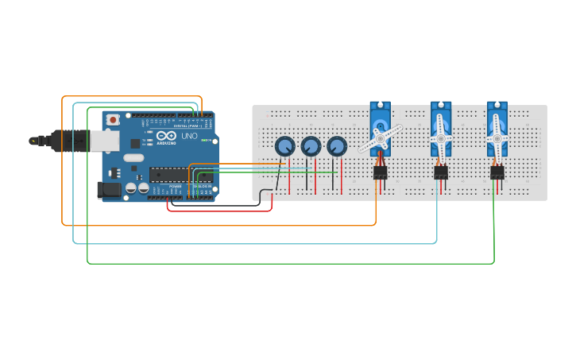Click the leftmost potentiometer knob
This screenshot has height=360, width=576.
(x=284, y=146)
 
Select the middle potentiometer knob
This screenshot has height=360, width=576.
(x=311, y=146)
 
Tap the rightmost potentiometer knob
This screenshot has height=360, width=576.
(x=337, y=146)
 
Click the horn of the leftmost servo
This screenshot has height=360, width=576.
(x=380, y=138)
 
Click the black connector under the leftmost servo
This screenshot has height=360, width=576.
(x=381, y=172)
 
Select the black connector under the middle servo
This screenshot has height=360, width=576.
(x=441, y=172)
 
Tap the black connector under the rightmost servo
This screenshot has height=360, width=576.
(x=497, y=172)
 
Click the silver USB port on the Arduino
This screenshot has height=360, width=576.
(x=105, y=141)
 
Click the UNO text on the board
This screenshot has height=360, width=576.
(x=189, y=136)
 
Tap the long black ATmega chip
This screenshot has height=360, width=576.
(x=180, y=175)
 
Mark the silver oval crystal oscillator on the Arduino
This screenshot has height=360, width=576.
(x=133, y=157)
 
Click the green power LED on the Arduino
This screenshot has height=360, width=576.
(x=203, y=141)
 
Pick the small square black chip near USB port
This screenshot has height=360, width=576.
(x=135, y=144)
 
